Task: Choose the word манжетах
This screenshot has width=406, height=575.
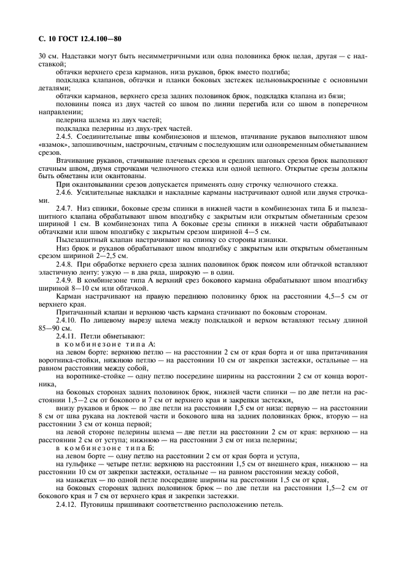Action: tap(80, 480)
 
